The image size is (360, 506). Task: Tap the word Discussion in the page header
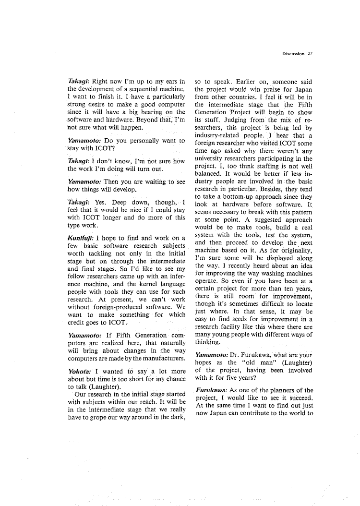pyautogui.click(x=293, y=54)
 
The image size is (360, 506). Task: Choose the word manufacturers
pyautogui.click(x=161, y=358)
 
